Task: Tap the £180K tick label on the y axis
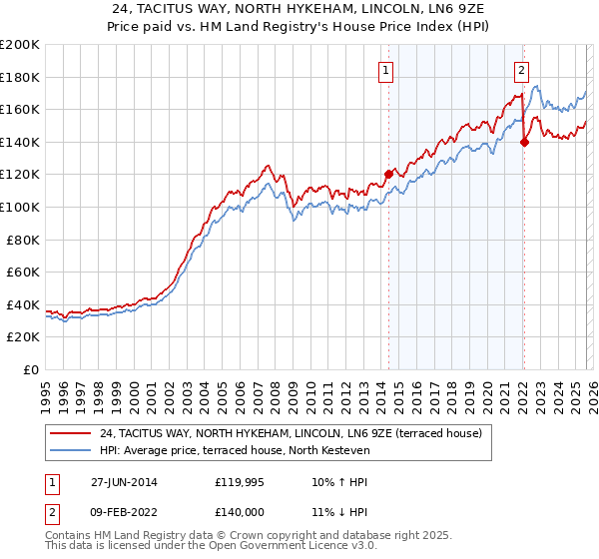20,77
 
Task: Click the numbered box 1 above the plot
385,70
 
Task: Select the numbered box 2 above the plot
521,70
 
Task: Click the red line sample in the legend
70,433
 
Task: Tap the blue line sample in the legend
70,450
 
